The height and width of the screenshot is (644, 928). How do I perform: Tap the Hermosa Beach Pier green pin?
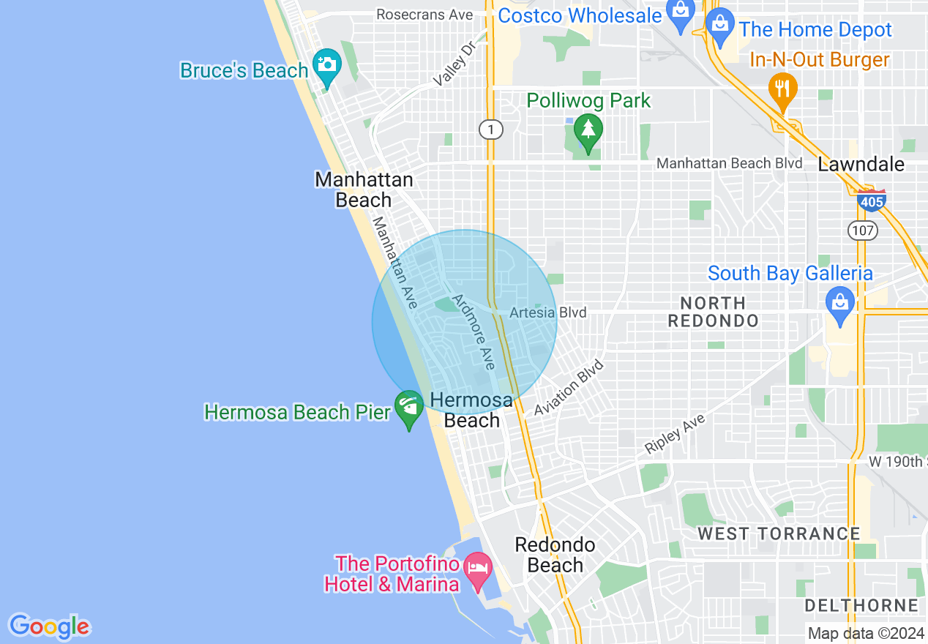[408, 408]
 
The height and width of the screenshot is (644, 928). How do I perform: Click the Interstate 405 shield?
[872, 200]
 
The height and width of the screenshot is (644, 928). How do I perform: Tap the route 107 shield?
[862, 231]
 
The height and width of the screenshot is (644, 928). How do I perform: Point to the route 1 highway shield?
[491, 130]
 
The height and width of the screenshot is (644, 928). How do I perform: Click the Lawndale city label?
[861, 164]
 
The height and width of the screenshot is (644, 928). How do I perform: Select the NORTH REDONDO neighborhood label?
[713, 312]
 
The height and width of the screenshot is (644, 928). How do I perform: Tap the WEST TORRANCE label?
[778, 533]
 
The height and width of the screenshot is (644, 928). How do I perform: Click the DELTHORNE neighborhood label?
[861, 605]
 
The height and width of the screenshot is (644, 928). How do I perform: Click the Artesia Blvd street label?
[548, 312]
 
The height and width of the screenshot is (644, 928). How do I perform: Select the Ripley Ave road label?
[675, 434]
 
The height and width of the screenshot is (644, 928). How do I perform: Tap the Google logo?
[49, 626]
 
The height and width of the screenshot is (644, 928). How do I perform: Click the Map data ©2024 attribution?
[866, 633]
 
